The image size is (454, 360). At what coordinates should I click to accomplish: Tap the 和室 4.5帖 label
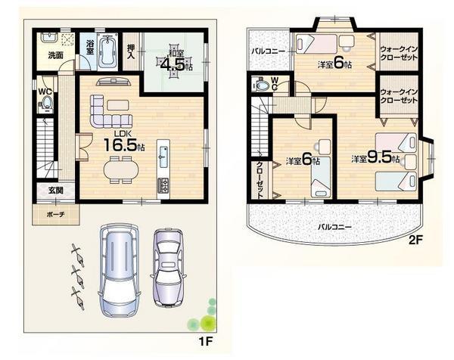coord(175,61)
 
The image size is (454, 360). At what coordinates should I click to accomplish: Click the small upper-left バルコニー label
coord(268,51)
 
